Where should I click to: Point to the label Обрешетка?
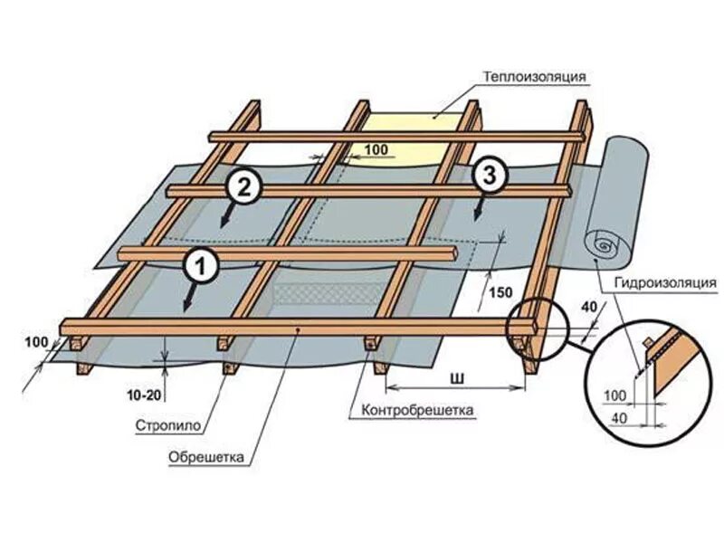tap(207, 456)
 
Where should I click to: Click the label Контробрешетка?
tap(418, 410)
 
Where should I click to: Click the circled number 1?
tap(201, 266)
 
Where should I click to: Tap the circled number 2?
tap(243, 187)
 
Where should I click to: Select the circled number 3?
tap(490, 177)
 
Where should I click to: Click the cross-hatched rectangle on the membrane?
tap(328, 292)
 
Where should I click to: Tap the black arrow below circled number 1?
tap(189, 299)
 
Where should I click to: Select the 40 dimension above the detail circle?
tap(589, 308)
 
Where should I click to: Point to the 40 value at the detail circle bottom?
tap(621, 417)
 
